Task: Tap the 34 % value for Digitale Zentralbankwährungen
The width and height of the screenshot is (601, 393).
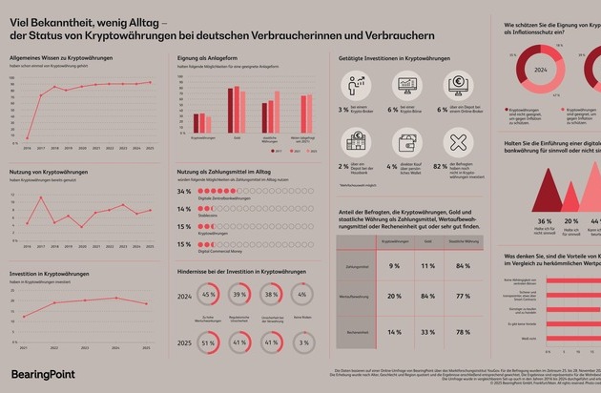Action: click(x=185, y=192)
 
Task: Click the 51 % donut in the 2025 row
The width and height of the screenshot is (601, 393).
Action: click(x=208, y=341)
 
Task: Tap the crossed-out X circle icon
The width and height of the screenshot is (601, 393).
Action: click(x=459, y=143)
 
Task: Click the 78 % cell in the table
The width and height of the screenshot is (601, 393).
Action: click(x=464, y=331)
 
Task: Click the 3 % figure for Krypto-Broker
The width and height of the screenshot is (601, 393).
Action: click(x=342, y=111)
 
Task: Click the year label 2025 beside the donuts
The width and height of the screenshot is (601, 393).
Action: click(x=186, y=341)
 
